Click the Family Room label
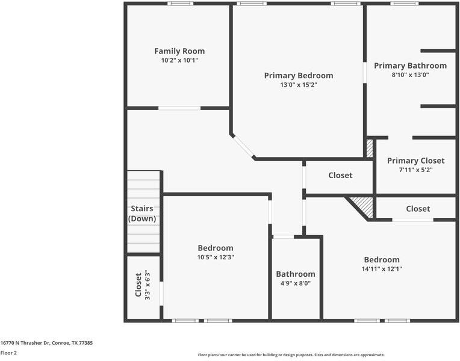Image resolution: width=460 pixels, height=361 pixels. tap(179, 51)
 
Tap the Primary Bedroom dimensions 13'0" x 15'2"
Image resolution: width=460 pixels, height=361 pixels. tap(299, 85)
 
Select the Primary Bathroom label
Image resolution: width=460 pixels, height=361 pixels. tap(411, 66)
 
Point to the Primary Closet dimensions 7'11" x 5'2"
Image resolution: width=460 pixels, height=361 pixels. tap(415, 170)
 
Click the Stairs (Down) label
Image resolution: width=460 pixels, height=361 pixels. tap(142, 214)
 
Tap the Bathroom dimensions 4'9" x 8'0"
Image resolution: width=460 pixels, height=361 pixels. tap(296, 283)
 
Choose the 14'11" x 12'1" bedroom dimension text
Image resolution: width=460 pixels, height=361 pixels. tap(382, 268)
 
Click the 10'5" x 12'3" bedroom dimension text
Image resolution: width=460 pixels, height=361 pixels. tap(216, 257)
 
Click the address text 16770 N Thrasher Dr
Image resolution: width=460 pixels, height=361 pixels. tap(25, 343)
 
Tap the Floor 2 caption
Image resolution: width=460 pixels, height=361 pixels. tap(8, 353)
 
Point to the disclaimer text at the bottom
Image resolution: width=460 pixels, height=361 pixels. tap(291, 355)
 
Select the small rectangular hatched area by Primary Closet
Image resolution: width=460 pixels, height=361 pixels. tap(370, 149)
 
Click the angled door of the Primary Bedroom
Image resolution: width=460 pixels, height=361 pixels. tap(243, 147)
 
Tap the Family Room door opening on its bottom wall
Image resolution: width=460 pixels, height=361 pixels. tap(179, 108)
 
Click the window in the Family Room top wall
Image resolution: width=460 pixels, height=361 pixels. tap(181, 4)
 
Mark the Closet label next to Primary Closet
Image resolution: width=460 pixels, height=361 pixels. tap(340, 175)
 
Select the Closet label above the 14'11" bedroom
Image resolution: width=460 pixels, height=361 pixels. tap(418, 209)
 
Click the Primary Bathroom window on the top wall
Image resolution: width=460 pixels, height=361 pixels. tap(405, 4)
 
